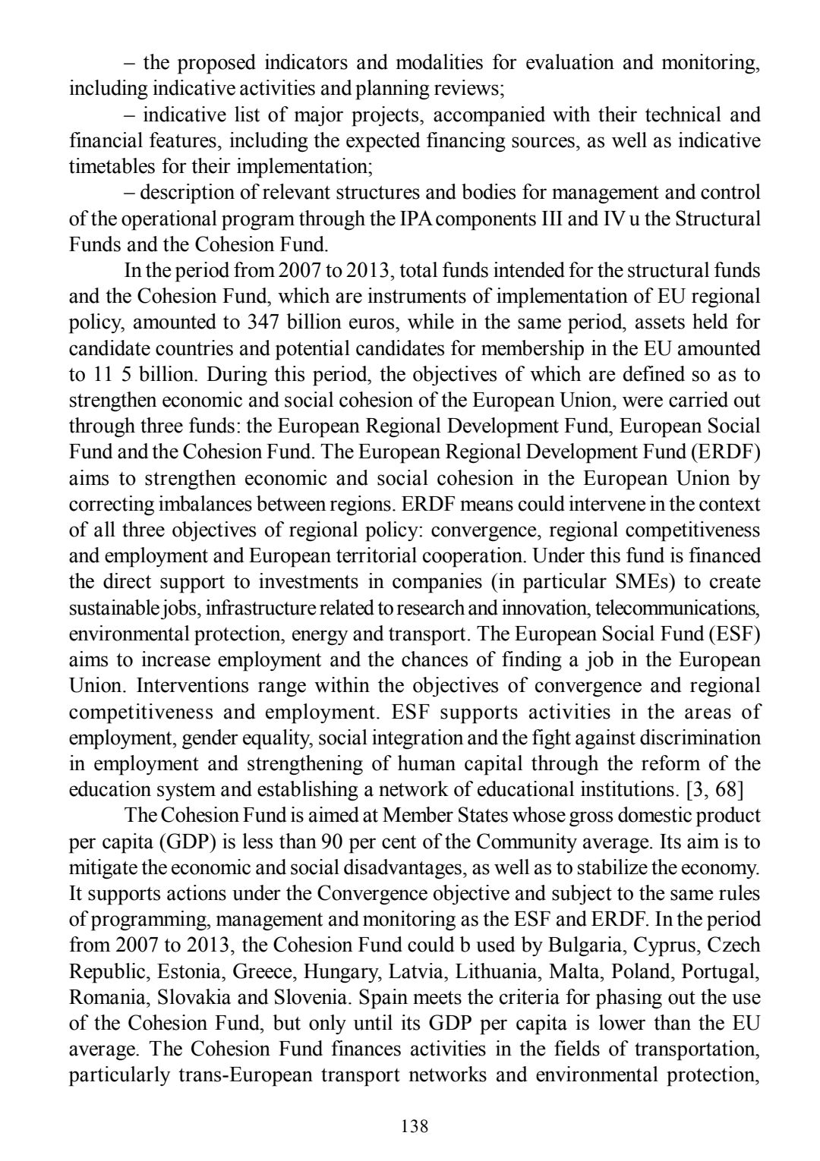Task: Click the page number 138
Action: (415, 1127)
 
